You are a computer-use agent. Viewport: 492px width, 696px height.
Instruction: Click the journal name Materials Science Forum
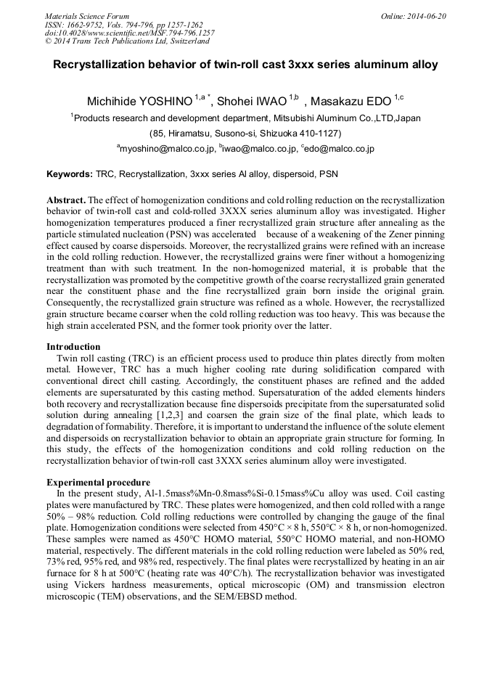[x=87, y=16]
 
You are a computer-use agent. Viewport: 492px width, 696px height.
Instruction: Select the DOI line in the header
[x=129, y=33]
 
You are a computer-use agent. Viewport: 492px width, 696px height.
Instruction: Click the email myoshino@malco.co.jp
[x=168, y=149]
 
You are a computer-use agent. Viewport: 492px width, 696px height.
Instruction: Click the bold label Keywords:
[x=69, y=175]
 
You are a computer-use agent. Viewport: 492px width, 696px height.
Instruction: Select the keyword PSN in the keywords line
[x=328, y=175]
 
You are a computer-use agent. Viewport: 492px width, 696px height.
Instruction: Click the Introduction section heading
[x=73, y=346]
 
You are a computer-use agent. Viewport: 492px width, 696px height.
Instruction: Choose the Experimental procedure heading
[x=98, y=482]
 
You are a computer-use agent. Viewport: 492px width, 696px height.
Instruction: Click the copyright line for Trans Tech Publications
[x=127, y=41]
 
